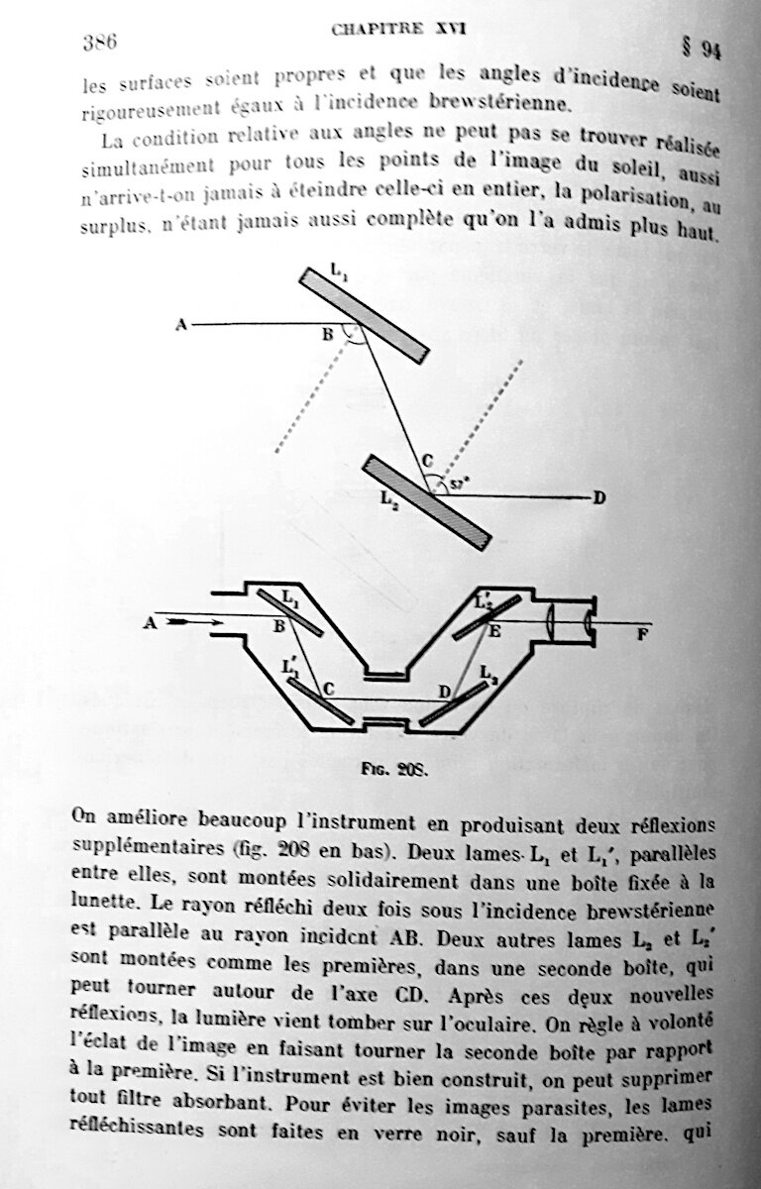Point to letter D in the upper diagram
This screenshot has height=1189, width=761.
point(598,498)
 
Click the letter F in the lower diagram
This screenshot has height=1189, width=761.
point(643,634)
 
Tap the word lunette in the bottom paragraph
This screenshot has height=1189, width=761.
point(104,900)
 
